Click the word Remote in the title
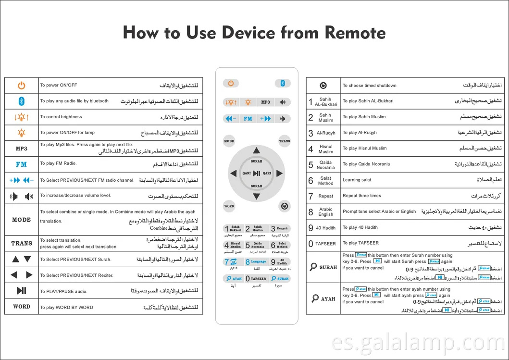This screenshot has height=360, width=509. pyautogui.click(x=355, y=33)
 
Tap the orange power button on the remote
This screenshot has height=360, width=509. pyautogui.click(x=231, y=83)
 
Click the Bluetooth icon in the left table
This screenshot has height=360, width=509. pyautogui.click(x=21, y=101)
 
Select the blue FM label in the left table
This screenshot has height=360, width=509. pyautogui.click(x=21, y=164)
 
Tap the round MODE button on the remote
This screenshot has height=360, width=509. pyautogui.click(x=229, y=141)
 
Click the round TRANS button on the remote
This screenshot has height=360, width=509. pyautogui.click(x=284, y=141)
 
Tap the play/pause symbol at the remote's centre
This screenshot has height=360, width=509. pyautogui.click(x=257, y=173)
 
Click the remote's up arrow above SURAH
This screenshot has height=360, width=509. pyautogui.click(x=257, y=151)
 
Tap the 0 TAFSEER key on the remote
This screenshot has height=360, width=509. pyautogui.click(x=256, y=278)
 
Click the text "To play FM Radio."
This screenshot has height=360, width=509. pyautogui.click(x=58, y=163)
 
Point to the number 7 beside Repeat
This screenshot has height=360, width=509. pyautogui.click(x=310, y=196)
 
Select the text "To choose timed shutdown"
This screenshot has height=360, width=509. pyautogui.click(x=369, y=86)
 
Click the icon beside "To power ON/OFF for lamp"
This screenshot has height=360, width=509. pyautogui.click(x=21, y=133)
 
